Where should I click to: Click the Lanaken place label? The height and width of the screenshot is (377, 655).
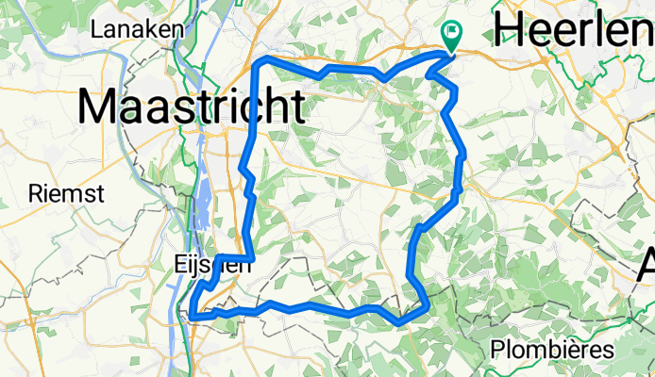click(137, 30)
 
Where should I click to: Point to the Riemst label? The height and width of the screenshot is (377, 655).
click(59, 192)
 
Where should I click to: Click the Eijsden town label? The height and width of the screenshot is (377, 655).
click(213, 266)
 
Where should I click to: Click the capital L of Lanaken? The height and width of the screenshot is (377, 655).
click(96, 30)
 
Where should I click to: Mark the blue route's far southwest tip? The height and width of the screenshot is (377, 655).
click(192, 317)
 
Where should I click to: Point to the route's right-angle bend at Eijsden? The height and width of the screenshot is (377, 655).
click(253, 257)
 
